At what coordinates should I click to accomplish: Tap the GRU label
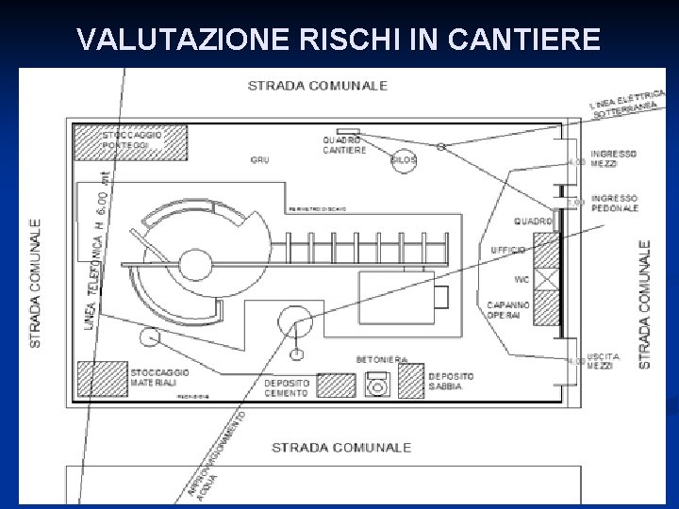point(259,160)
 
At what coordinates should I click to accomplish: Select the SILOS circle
point(403,159)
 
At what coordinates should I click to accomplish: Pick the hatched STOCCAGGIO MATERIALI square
point(102,377)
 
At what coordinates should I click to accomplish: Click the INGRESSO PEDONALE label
point(615,203)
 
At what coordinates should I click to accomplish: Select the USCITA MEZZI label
point(602,361)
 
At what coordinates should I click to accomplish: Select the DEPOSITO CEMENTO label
point(286,388)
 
